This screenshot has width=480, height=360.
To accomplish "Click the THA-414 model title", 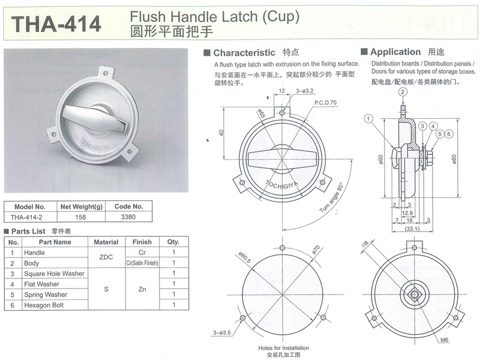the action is click(x=56, y=24).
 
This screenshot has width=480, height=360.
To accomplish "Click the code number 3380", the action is click(x=128, y=217).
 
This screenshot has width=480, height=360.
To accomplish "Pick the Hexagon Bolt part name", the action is click(x=44, y=305).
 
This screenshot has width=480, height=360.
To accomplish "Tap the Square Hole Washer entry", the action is click(x=54, y=274).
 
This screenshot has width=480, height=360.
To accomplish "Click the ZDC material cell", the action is click(x=106, y=257).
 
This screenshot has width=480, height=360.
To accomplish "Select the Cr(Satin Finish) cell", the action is click(x=142, y=263).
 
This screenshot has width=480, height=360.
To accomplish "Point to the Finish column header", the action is click(x=142, y=242).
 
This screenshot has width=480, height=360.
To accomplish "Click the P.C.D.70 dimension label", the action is click(x=325, y=103).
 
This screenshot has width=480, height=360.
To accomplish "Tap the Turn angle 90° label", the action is click(x=331, y=198).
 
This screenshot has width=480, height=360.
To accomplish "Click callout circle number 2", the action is click(x=403, y=92).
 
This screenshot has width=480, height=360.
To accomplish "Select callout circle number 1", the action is click(x=368, y=119).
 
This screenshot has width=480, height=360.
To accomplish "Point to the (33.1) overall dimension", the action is click(x=412, y=229).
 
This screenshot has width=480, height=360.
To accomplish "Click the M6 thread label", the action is click(x=445, y=340).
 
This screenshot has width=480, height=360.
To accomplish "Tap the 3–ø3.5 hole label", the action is click(x=222, y=332).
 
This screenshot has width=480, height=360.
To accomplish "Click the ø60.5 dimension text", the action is click(x=245, y=257).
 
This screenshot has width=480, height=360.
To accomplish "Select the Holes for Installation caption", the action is click(x=283, y=348).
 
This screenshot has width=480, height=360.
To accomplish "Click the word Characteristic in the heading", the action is click(x=244, y=53).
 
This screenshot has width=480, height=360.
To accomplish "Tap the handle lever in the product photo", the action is click(x=95, y=118).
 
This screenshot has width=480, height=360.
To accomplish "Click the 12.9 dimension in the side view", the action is click(x=407, y=213).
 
